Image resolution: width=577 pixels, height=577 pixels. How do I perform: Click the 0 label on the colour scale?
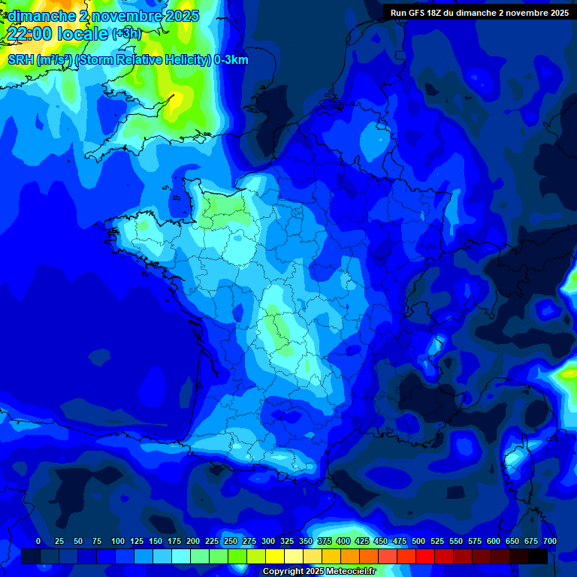[38, 541]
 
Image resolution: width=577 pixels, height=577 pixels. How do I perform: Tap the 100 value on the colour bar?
[118, 541]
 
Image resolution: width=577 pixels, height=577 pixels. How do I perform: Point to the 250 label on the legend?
[231, 541]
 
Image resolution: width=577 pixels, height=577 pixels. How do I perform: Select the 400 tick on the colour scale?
[343, 541]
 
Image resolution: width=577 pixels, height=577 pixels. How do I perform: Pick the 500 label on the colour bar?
[418, 541]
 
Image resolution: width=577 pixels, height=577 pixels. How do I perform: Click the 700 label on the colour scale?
[550, 541]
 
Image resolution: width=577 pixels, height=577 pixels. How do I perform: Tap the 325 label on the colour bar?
[287, 541]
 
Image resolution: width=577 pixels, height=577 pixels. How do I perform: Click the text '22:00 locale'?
[57, 32]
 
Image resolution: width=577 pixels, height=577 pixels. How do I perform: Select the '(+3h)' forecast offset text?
[126, 33]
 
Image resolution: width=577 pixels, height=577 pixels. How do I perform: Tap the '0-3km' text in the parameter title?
[231, 60]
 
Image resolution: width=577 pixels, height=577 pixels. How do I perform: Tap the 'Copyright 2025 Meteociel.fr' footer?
[319, 572]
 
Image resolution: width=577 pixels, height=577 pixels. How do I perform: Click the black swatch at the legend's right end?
[538, 556]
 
